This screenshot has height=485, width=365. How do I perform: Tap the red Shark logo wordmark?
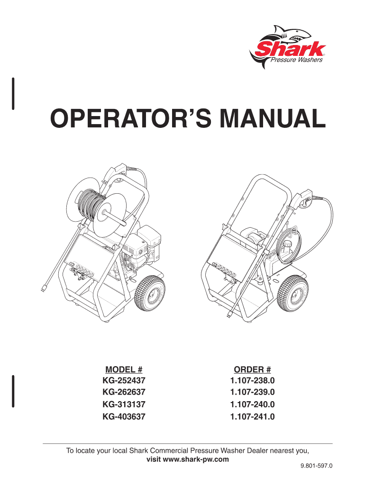coord(291,49)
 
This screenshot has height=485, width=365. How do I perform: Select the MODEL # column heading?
coord(124,369)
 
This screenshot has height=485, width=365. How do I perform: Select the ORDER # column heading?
coord(252,369)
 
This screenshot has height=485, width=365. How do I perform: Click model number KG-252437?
coord(124,380)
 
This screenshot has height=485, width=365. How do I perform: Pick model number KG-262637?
coord(124,392)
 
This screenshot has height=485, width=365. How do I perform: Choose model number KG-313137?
coord(124,404)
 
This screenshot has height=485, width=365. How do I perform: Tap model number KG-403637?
coord(124,417)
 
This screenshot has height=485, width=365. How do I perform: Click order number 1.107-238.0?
coord(252,380)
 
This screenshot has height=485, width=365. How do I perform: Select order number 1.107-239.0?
coord(252,392)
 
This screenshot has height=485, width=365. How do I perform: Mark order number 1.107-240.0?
coord(252,404)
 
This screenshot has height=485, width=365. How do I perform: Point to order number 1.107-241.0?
coord(252,417)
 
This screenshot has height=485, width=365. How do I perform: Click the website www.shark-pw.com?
coord(196,459)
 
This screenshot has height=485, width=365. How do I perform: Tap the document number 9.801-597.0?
coord(316,466)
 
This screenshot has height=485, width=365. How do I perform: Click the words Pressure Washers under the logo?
coord(296,60)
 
